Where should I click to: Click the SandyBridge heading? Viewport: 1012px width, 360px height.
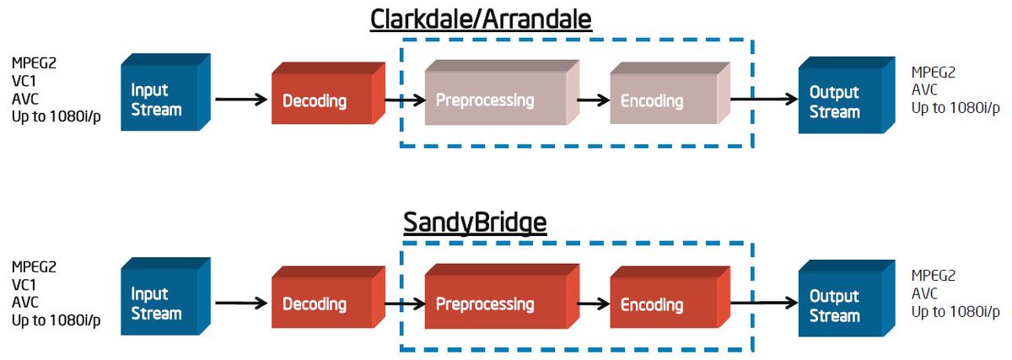(x=475, y=223)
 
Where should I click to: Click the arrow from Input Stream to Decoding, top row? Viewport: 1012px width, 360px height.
(x=240, y=99)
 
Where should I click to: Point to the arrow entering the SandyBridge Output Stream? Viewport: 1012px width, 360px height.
(x=763, y=302)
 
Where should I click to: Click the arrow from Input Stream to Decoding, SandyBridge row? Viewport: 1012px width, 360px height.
(x=240, y=302)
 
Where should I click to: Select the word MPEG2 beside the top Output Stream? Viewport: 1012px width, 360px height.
(x=934, y=73)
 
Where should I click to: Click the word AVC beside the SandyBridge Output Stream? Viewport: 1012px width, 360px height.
(x=925, y=293)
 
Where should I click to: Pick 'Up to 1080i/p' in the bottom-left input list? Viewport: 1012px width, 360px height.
(x=56, y=320)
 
